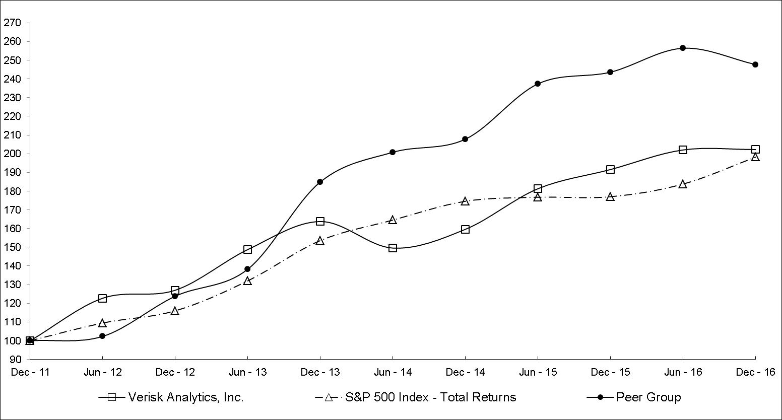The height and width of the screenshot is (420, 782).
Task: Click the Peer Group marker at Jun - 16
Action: [x=683, y=48]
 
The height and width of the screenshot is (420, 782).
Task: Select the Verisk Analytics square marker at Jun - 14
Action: [x=393, y=248]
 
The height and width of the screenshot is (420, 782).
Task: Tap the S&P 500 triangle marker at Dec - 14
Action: [x=465, y=201]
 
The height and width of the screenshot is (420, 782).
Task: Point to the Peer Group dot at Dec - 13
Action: [x=320, y=182]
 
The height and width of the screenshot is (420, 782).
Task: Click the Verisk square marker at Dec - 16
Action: [x=755, y=150]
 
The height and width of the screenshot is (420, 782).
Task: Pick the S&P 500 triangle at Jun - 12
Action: [x=102, y=323]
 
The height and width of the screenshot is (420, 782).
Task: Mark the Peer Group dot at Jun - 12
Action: [x=102, y=336]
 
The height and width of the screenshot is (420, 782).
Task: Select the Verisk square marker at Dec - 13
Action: [x=320, y=221]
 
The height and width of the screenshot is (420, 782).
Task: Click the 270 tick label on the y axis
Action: [x=12, y=23]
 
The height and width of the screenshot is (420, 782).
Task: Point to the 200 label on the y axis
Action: [x=12, y=154]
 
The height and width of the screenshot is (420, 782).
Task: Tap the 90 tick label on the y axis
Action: [x=15, y=360]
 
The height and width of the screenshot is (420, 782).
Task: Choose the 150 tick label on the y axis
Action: [x=12, y=247]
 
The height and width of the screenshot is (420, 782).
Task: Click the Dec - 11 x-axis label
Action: [x=30, y=373]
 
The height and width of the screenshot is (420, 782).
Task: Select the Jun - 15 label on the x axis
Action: [x=538, y=373]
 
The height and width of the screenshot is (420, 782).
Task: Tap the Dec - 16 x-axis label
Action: [x=755, y=373]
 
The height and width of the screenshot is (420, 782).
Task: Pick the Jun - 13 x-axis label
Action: [x=248, y=373]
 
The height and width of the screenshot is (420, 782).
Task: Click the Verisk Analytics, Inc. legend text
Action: [x=186, y=397]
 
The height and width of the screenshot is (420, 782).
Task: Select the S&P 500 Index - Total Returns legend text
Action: [x=431, y=397]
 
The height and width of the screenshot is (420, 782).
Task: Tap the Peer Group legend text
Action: [x=648, y=397]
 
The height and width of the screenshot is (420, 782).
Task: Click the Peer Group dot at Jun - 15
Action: [x=538, y=84]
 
